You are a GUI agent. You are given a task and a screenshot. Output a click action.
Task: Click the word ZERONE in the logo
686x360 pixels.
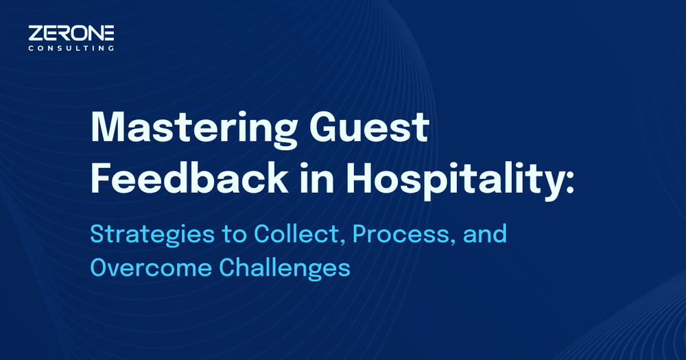[x=71, y=33]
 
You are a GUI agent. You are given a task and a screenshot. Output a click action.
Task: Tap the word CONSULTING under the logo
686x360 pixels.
[x=71, y=49]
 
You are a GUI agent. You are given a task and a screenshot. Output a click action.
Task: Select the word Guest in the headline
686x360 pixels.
[x=369, y=128]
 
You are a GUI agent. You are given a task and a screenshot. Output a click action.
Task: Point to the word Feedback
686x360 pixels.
[x=189, y=178]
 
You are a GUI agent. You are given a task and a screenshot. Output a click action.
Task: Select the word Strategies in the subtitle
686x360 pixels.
[x=152, y=236]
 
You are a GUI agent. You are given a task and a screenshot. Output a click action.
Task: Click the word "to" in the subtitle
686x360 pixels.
[x=235, y=235]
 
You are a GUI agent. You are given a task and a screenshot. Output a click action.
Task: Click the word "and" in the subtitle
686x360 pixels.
[x=485, y=234]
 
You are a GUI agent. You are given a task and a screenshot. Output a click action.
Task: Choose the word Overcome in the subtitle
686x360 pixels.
[x=151, y=267]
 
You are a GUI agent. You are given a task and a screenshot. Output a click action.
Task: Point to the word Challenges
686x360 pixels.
[x=285, y=268]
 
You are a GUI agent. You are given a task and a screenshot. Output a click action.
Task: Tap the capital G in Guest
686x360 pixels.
[x=324, y=128]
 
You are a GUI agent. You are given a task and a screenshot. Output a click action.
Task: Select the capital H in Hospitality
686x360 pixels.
[x=359, y=178]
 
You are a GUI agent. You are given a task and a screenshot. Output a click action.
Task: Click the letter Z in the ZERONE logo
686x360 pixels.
[x=36, y=33]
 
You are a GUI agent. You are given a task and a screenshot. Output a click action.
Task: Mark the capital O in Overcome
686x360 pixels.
[x=99, y=267]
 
